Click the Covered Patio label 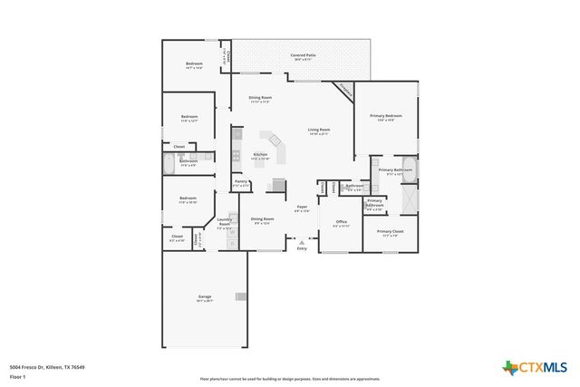coord(303,56)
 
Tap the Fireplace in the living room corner coord(344,91)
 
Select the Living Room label coord(318,131)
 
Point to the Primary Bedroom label coord(385,117)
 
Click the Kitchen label coord(260,155)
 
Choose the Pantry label coord(241,182)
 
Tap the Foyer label coord(302,208)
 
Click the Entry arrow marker coord(302,242)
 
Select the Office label coord(341,222)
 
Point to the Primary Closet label coord(391,232)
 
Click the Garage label coord(205,297)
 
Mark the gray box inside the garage coord(240,296)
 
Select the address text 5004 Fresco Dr coord(47,366)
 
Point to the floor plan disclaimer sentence coord(290,379)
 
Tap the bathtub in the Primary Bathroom coord(409,196)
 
